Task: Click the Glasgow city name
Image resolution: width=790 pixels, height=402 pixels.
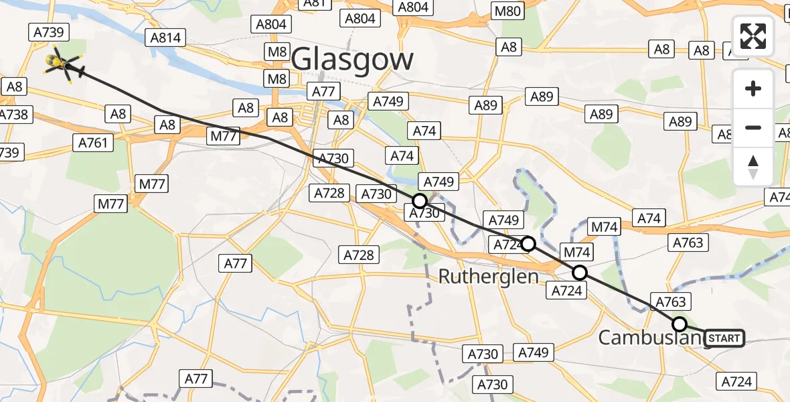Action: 353,60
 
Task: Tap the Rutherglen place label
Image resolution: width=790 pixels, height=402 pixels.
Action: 488,276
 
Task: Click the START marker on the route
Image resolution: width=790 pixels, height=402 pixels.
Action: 724,338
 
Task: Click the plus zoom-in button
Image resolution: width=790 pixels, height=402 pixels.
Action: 753,89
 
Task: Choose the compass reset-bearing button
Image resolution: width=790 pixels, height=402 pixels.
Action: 753,165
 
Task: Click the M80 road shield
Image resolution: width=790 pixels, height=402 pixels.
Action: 507,11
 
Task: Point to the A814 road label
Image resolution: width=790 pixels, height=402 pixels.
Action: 165,38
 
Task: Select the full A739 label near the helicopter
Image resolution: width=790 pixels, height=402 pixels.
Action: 47,32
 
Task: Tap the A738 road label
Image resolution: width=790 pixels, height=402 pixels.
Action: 13,115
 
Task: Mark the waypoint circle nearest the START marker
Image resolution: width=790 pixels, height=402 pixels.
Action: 680,324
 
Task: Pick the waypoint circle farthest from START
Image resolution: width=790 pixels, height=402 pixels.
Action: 419,200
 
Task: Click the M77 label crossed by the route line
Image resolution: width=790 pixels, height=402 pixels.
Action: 224,137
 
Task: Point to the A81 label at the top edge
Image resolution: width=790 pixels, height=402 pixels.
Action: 314,3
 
